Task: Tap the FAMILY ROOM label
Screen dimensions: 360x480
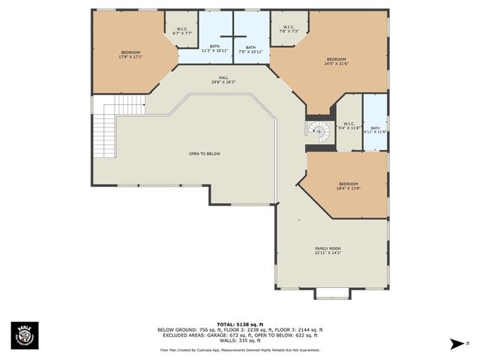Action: click(x=328, y=248)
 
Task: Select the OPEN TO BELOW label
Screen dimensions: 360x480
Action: click(x=204, y=154)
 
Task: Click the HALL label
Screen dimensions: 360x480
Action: click(x=223, y=77)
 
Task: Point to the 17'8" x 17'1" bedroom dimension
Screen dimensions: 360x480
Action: click(x=130, y=57)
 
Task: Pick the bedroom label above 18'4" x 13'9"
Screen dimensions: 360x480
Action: click(x=348, y=184)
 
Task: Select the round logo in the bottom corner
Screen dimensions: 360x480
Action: click(x=24, y=335)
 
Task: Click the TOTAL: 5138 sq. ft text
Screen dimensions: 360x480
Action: click(x=240, y=324)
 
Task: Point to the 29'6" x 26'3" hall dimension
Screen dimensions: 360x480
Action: click(x=223, y=82)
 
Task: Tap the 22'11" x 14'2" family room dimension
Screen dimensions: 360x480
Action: click(x=328, y=253)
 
